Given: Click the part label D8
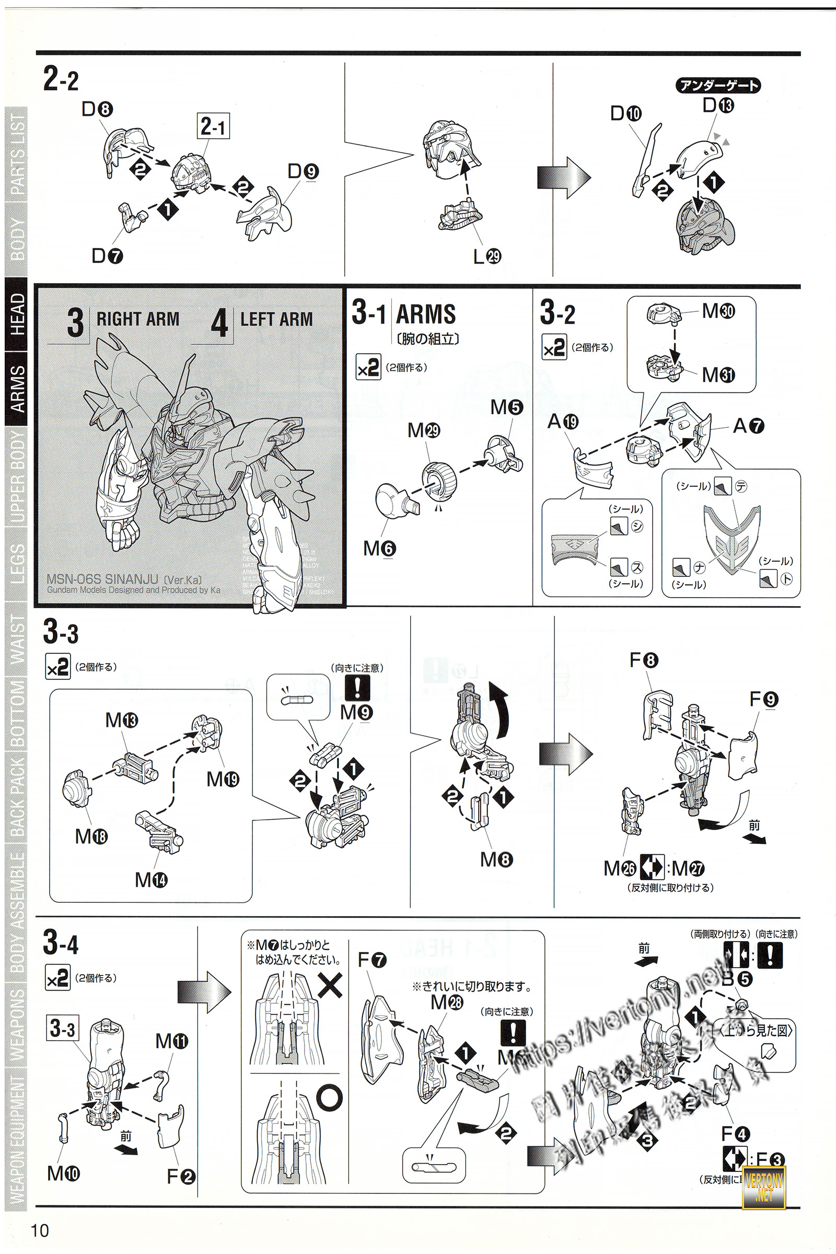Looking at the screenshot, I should click(x=97, y=109).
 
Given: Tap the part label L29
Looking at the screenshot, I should click(x=487, y=257).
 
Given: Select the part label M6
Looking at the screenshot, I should click(x=379, y=548).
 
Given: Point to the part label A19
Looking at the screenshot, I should click(x=563, y=422).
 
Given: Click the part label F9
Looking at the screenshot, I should click(x=763, y=699).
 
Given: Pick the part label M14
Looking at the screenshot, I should click(x=151, y=879).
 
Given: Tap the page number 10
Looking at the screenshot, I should click(x=40, y=1230).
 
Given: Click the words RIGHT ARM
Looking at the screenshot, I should click(x=137, y=319).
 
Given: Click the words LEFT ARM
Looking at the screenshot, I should click(x=276, y=319).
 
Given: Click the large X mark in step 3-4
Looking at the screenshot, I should click(x=330, y=986).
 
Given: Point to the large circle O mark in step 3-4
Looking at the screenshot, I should click(x=330, y=1098).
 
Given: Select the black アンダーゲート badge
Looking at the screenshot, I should click(x=717, y=85).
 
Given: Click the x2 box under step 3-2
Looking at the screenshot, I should click(x=554, y=347).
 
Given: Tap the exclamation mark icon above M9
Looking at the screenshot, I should click(x=357, y=687).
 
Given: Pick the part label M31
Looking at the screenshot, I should click(x=718, y=375).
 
